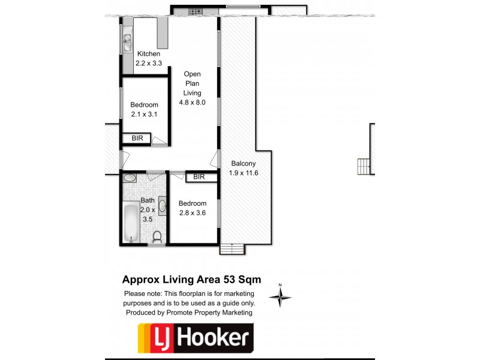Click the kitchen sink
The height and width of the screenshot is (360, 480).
(x=127, y=41)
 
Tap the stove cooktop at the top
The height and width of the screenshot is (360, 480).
(x=195, y=11)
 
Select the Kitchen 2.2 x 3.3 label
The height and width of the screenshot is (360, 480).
(x=149, y=58)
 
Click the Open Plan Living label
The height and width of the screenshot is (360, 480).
(x=192, y=88)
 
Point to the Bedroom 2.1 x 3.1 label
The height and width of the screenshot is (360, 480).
(x=144, y=110)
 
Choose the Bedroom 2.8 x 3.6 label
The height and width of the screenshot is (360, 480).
(x=193, y=208)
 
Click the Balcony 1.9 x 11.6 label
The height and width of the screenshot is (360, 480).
(x=244, y=168)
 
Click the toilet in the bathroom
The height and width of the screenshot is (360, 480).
(x=157, y=237)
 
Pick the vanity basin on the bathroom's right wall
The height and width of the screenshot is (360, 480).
(x=161, y=206)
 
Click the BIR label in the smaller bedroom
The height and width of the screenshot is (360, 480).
(x=137, y=139)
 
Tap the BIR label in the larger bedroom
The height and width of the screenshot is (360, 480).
(x=199, y=177)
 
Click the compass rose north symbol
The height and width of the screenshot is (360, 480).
(x=280, y=295)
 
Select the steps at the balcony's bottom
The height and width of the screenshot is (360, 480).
(x=232, y=249)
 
